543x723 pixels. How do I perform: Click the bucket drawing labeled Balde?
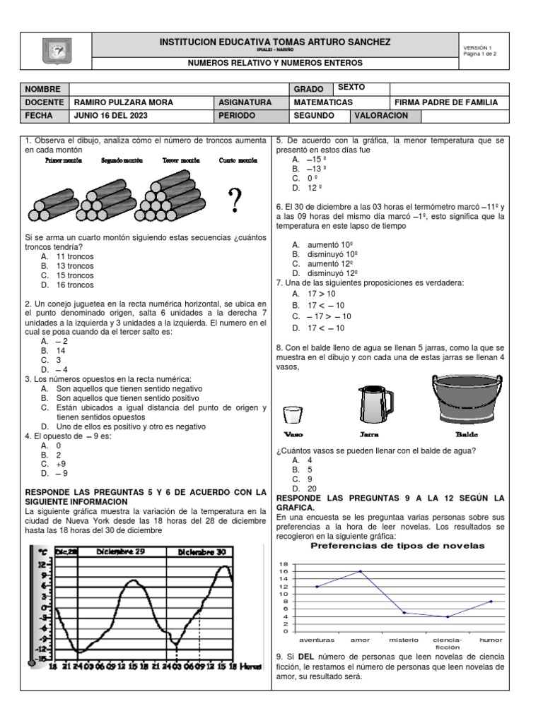click(462, 399)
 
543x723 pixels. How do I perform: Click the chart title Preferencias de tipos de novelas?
click(398, 545)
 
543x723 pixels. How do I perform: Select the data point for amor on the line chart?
click(361, 571)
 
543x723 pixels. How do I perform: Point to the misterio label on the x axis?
click(404, 640)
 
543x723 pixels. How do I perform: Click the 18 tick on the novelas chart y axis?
click(284, 564)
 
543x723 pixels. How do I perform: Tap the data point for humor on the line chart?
click(491, 602)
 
